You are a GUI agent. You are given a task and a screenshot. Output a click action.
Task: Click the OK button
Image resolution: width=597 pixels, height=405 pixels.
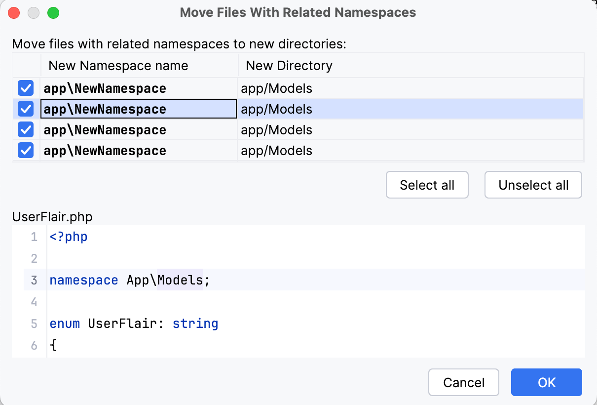point(546,382)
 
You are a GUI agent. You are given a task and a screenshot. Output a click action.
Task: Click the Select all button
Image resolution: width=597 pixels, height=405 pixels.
point(427,185)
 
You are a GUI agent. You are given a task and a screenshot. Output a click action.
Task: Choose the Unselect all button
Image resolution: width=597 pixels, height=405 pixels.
point(533,185)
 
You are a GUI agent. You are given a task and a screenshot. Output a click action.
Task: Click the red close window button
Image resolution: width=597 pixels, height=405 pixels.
point(14,13)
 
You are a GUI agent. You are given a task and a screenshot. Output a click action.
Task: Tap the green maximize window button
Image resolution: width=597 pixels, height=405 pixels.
point(53,13)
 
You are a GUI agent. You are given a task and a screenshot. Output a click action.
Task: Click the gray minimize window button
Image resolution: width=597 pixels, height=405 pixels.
point(34,13)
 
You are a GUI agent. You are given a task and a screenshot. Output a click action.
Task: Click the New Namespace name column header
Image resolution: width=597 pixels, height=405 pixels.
point(118,66)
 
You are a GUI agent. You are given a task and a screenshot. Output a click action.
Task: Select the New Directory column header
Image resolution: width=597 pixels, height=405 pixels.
point(289,66)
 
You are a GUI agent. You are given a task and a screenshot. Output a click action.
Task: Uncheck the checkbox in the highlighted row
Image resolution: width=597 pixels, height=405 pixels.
point(26,109)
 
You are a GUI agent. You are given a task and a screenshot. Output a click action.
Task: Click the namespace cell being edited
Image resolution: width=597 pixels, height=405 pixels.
point(138,109)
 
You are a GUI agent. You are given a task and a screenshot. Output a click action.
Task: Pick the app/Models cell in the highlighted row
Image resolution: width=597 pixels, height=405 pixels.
point(277,109)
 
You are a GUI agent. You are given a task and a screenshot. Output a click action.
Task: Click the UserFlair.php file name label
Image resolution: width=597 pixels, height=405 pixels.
point(52,217)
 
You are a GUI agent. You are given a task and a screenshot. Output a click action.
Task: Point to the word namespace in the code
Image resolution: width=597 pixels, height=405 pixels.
point(84,280)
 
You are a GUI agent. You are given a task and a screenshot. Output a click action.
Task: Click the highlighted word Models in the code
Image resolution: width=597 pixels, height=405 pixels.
point(180,280)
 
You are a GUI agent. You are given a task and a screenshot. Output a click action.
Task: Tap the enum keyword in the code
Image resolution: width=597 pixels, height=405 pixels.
point(65,324)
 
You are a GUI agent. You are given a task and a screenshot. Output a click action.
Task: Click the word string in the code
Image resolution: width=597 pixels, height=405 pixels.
point(195,324)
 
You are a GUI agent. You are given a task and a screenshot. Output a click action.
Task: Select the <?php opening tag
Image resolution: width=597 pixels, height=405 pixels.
point(69,237)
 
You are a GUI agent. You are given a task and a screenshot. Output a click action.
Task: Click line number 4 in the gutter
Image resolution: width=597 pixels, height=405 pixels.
point(34,301)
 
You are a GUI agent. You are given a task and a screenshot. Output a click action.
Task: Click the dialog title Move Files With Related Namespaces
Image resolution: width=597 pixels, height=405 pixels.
point(298,12)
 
